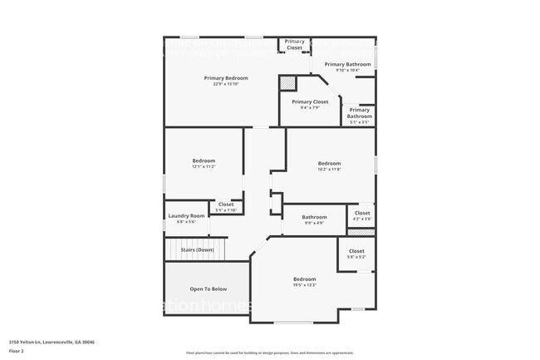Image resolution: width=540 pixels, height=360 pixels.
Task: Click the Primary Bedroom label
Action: (226, 78)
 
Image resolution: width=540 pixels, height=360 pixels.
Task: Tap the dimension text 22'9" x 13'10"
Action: (226, 85)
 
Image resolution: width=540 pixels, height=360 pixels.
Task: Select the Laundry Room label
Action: (186, 216)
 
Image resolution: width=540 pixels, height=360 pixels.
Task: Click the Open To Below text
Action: (208, 289)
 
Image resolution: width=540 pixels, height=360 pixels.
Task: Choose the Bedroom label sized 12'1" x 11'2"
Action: (204, 160)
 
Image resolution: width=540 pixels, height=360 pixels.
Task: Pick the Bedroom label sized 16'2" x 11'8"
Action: (329, 163)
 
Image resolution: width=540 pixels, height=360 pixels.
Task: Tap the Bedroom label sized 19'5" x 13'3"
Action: (304, 279)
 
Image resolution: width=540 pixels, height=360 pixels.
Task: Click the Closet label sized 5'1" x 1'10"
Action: (226, 205)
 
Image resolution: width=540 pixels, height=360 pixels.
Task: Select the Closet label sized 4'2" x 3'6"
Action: (362, 213)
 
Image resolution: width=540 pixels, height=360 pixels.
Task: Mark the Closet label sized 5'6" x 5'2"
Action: (356, 251)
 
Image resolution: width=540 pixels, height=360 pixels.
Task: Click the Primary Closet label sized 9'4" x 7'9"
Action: (310, 101)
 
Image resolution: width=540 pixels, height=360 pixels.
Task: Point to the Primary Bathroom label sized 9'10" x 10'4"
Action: (347, 64)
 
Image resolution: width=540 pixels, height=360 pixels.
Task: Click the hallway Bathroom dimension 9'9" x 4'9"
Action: (314, 223)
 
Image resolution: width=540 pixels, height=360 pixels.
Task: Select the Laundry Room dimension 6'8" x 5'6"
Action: (186, 222)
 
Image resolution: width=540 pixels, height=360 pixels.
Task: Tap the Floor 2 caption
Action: (17, 351)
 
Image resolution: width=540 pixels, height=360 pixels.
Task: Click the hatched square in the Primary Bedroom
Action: (287, 83)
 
